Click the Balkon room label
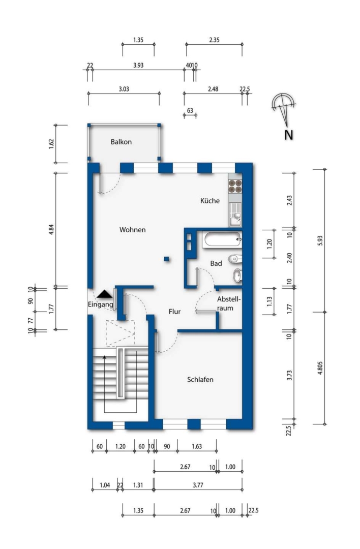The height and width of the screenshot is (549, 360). coord(121,142)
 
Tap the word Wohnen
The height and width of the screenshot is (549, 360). coord(132,230)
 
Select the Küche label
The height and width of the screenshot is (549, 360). coord(210,201)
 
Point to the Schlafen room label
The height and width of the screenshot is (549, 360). coord(200,380)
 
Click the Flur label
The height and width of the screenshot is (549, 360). coord(174,312)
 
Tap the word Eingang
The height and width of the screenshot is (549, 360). coord(101,304)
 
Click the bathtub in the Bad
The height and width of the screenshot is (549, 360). coord(223,240)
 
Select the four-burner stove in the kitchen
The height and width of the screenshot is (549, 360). coord(235,186)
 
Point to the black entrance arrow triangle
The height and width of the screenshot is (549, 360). coord(104,294)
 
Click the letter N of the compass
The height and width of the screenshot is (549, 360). coord(289,135)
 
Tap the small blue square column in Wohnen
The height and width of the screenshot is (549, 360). coord(167,259)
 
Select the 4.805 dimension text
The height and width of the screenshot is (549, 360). coord(320,368)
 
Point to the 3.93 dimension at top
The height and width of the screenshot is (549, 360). coord(138,65)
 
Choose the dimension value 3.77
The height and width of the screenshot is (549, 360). coord(198,485)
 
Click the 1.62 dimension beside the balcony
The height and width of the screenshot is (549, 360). coord(51,143)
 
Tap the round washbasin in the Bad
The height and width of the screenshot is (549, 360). coord(237,276)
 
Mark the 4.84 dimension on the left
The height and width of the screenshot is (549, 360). coord(51,229)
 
